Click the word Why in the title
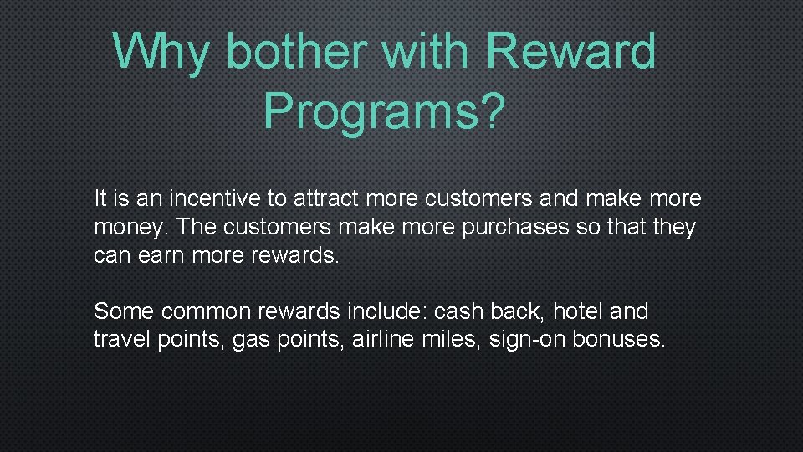[162, 51]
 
